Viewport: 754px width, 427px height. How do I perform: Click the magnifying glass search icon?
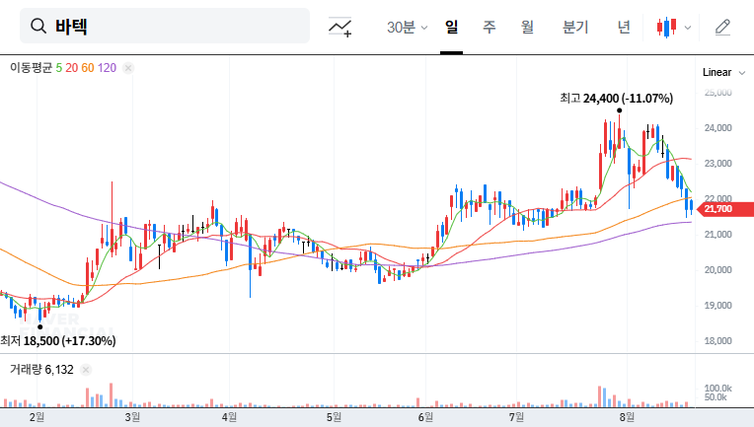point(39,27)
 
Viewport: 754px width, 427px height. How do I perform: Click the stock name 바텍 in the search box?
point(71,27)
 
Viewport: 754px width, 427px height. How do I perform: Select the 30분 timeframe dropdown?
point(407,27)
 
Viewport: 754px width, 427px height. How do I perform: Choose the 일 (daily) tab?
point(452,27)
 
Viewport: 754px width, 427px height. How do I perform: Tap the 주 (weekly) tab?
point(489,27)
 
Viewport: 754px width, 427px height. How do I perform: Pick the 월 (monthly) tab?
point(527,27)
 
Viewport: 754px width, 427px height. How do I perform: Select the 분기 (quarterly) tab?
point(574,27)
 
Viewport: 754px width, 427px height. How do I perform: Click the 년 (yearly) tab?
point(624,27)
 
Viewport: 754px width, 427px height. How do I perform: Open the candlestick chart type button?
point(673,27)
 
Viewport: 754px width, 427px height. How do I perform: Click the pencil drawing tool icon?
point(722,27)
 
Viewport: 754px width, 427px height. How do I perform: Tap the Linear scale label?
point(716,73)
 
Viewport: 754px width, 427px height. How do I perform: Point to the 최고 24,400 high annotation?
point(616,99)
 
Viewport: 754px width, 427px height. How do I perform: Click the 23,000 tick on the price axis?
point(717,164)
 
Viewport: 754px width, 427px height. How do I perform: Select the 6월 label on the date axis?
point(426,417)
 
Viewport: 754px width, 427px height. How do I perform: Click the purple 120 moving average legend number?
point(108,68)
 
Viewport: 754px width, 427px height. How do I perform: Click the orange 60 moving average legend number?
point(88,68)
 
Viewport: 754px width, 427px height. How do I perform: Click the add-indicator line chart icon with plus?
point(340,27)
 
